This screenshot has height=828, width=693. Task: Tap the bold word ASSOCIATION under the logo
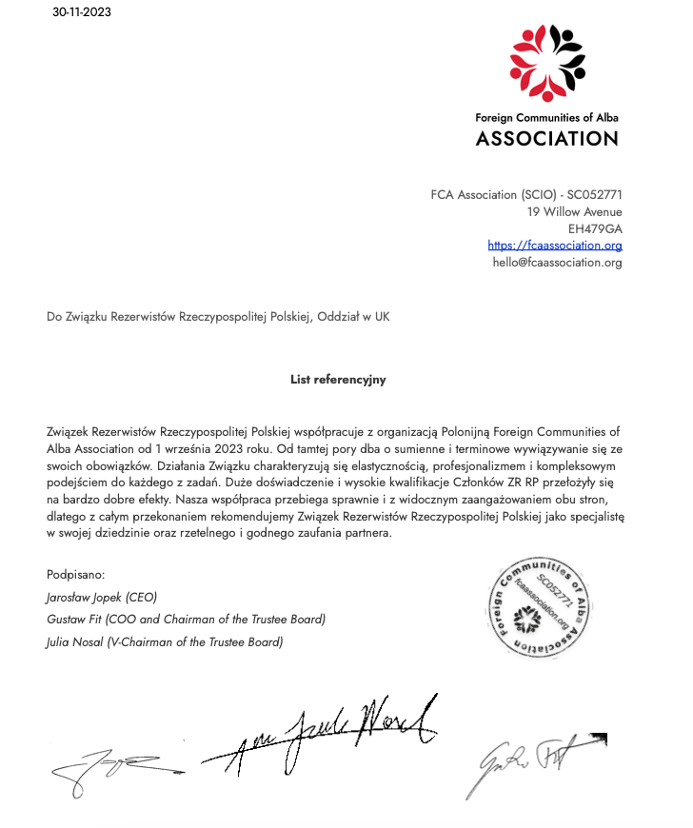[x=546, y=138]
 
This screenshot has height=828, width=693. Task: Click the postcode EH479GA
[x=595, y=228]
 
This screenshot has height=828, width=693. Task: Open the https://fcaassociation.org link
[x=554, y=246]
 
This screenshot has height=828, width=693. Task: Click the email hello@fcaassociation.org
[x=557, y=263]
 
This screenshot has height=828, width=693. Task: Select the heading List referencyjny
[x=338, y=379]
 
